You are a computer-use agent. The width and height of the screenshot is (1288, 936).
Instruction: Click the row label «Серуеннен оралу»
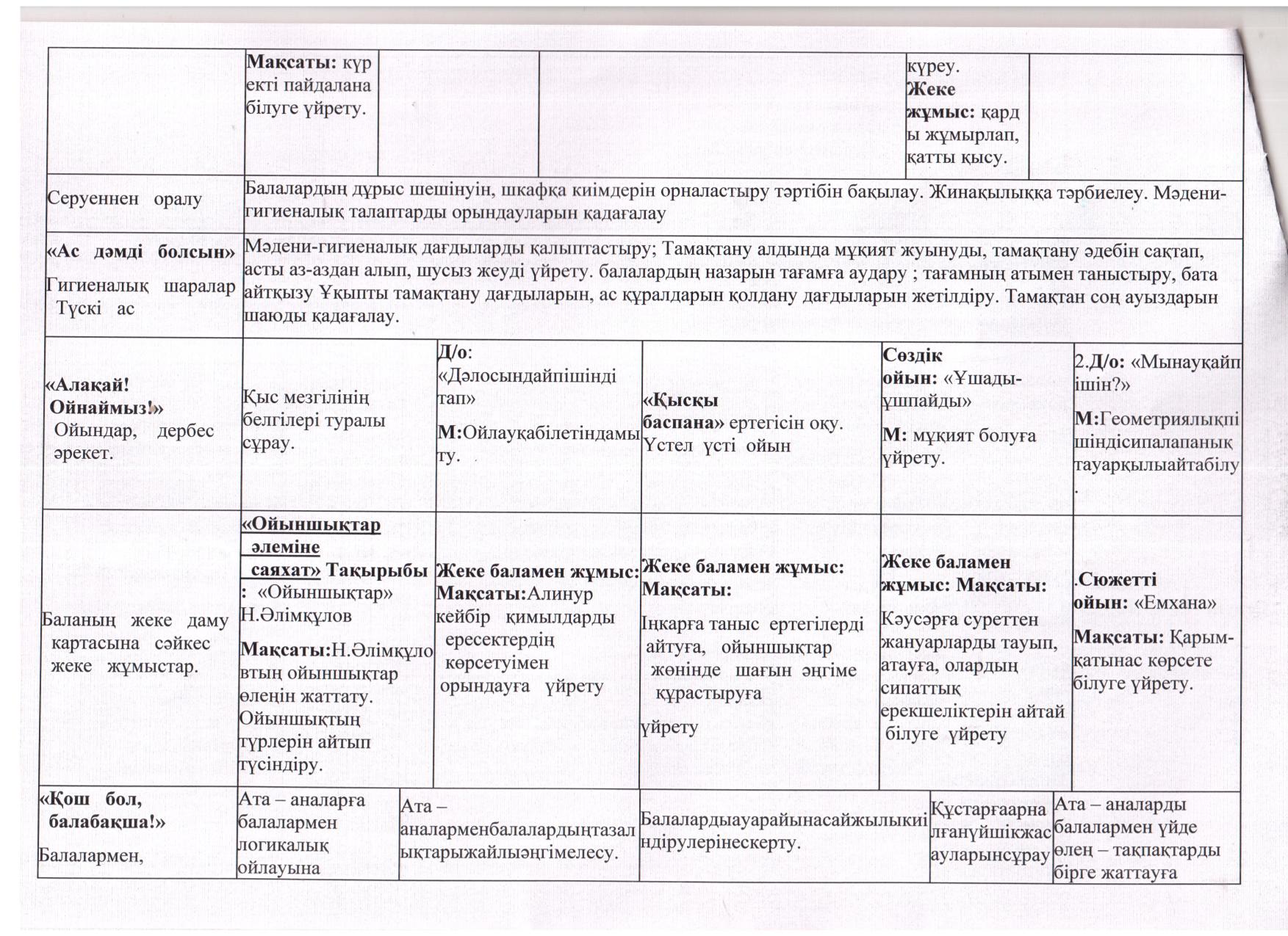pyautogui.click(x=124, y=199)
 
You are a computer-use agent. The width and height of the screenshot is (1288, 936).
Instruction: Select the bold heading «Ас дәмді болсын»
pyautogui.click(x=140, y=252)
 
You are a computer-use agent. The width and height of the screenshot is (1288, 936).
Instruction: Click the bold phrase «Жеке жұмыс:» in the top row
pyautogui.click(x=940, y=101)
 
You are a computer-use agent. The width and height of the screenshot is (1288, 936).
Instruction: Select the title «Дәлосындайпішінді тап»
pyautogui.click(x=527, y=386)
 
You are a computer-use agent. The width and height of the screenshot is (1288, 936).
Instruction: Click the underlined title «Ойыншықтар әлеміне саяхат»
pyautogui.click(x=311, y=547)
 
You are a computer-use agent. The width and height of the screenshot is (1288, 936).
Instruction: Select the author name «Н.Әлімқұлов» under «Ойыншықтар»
pyautogui.click(x=296, y=615)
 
